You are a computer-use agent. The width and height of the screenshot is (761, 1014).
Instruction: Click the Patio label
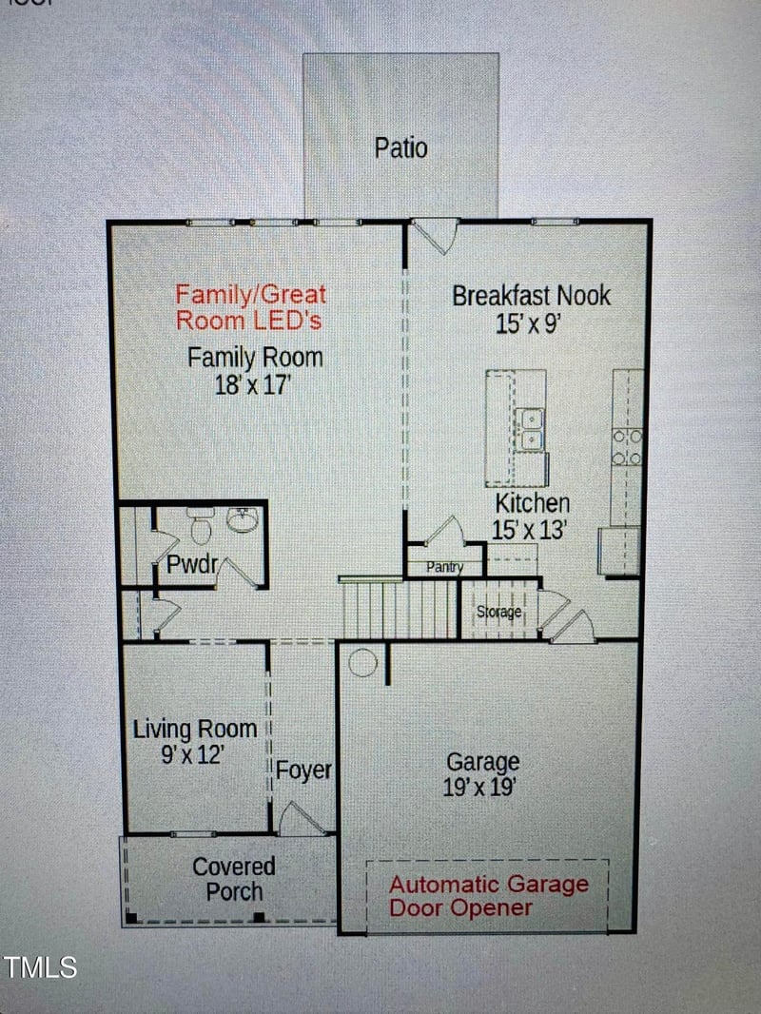click(400, 148)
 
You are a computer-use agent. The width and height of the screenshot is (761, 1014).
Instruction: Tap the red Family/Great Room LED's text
click(250, 307)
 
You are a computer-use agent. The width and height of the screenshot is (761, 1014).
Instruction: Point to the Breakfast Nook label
click(531, 295)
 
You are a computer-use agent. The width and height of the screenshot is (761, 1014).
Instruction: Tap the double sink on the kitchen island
click(530, 429)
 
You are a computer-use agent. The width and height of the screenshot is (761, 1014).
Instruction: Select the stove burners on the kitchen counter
click(627, 446)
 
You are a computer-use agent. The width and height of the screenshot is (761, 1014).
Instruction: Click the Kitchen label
click(531, 502)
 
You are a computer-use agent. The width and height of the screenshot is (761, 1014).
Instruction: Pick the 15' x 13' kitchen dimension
click(529, 530)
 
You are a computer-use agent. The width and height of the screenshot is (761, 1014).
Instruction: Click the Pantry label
click(444, 568)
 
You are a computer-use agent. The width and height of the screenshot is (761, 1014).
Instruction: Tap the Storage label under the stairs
click(498, 612)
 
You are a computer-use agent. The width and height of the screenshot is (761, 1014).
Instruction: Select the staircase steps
click(400, 610)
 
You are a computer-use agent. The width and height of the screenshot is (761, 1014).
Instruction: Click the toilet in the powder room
click(201, 525)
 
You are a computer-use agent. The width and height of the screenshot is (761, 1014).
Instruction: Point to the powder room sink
click(243, 519)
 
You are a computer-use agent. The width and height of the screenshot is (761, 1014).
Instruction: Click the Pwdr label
click(192, 565)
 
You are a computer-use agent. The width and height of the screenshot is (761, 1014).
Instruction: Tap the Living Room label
click(195, 730)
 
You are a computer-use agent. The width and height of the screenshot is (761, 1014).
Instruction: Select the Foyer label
click(303, 770)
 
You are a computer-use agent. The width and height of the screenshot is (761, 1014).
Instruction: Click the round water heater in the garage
click(362, 661)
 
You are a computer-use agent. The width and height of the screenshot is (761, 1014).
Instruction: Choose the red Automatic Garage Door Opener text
click(488, 895)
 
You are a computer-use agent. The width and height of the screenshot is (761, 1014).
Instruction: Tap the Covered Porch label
click(234, 879)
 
